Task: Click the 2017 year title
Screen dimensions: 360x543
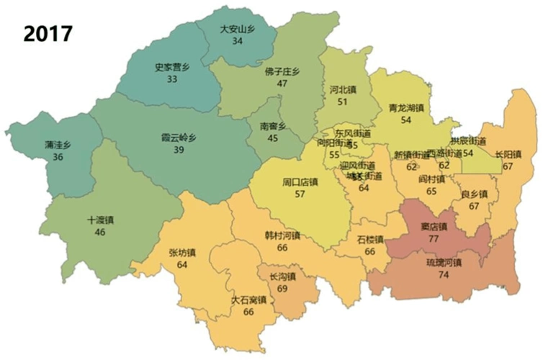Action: pos(48,33)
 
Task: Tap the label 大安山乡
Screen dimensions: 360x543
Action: pos(237,30)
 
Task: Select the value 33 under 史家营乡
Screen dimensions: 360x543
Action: pos(171,78)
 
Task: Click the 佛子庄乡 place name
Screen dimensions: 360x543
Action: pos(282,72)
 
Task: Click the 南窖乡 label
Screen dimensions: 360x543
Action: pos(273,125)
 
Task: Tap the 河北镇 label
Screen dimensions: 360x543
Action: pos(342,91)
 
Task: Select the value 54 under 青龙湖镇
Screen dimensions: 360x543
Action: pos(405,120)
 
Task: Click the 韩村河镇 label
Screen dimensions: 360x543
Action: pos(282,235)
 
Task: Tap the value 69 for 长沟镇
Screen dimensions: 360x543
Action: pos(282,288)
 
